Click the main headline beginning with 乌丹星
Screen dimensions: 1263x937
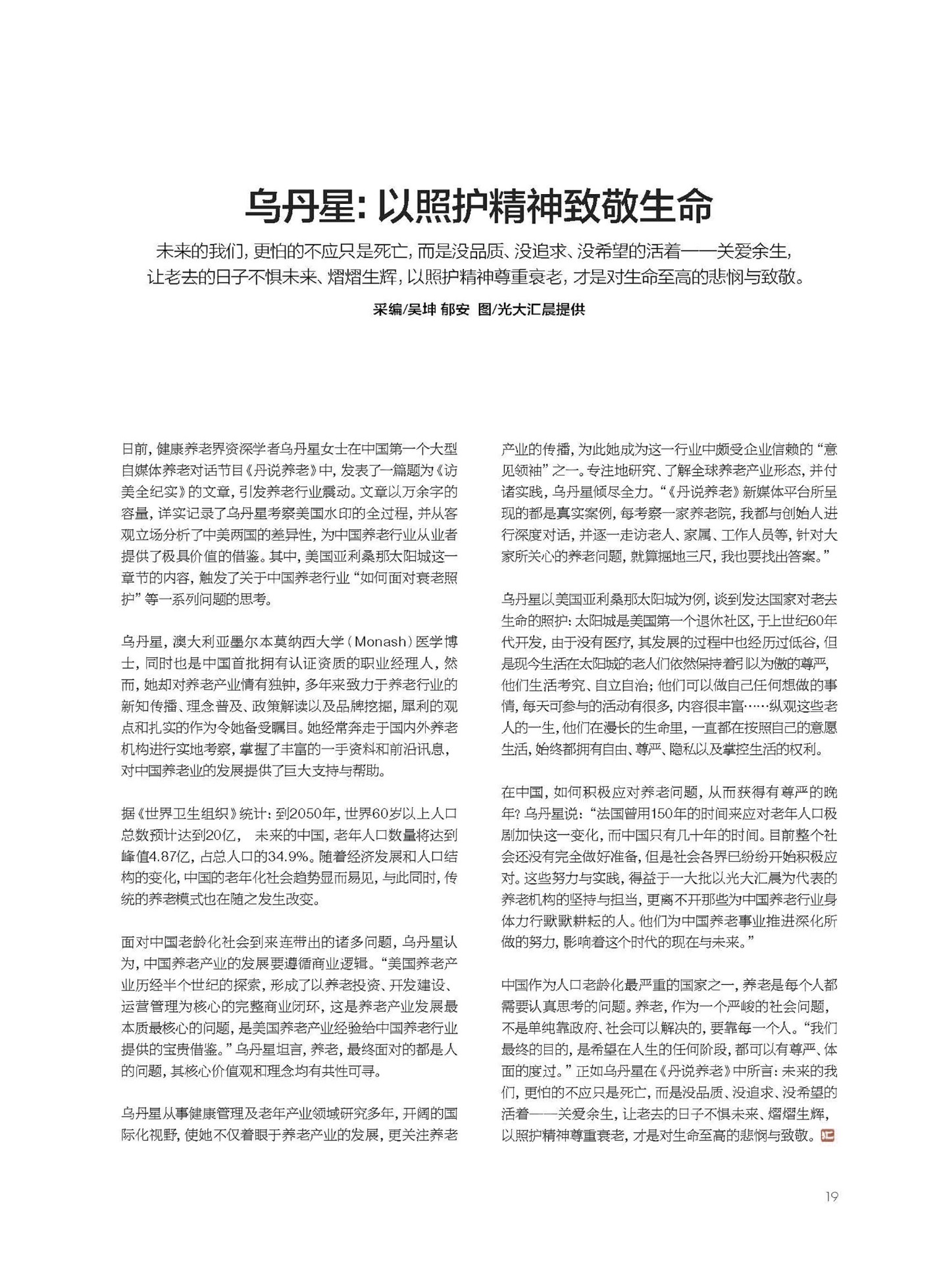click(478, 205)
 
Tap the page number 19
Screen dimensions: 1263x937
click(832, 1196)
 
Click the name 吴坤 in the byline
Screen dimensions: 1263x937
click(422, 309)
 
